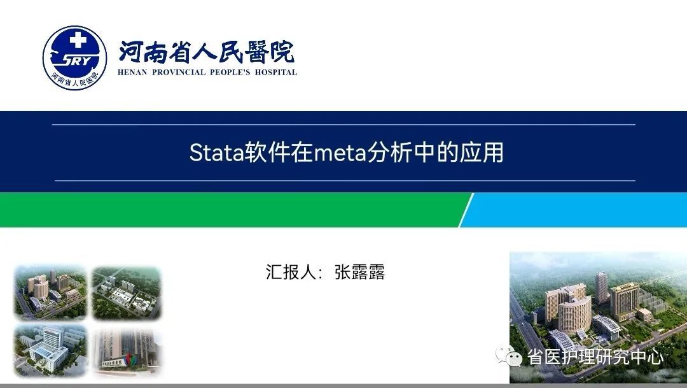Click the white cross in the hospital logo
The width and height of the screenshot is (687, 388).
[x=78, y=40]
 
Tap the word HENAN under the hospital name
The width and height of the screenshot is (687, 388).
[x=132, y=73]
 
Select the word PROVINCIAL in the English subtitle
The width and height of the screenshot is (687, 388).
[x=179, y=73]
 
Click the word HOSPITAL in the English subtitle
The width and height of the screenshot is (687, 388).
[x=276, y=73]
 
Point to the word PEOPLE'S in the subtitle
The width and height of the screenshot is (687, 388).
[x=230, y=73]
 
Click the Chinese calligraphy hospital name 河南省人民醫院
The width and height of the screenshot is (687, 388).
[x=206, y=52]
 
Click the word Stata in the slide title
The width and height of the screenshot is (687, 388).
[x=216, y=153]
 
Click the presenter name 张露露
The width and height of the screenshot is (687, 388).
[x=359, y=272]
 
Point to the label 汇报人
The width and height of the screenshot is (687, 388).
[x=291, y=272]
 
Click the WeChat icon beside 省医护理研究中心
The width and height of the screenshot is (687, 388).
[x=509, y=356]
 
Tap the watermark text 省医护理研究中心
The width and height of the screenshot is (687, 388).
[x=595, y=356]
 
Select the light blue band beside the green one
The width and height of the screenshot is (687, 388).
[x=573, y=210]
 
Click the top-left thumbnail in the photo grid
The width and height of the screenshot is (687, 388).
[x=50, y=292]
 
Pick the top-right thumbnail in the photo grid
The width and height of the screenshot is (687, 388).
[x=127, y=292]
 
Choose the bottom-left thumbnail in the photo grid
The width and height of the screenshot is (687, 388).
[x=50, y=350]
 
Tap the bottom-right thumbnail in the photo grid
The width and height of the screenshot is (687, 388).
[x=127, y=350]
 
